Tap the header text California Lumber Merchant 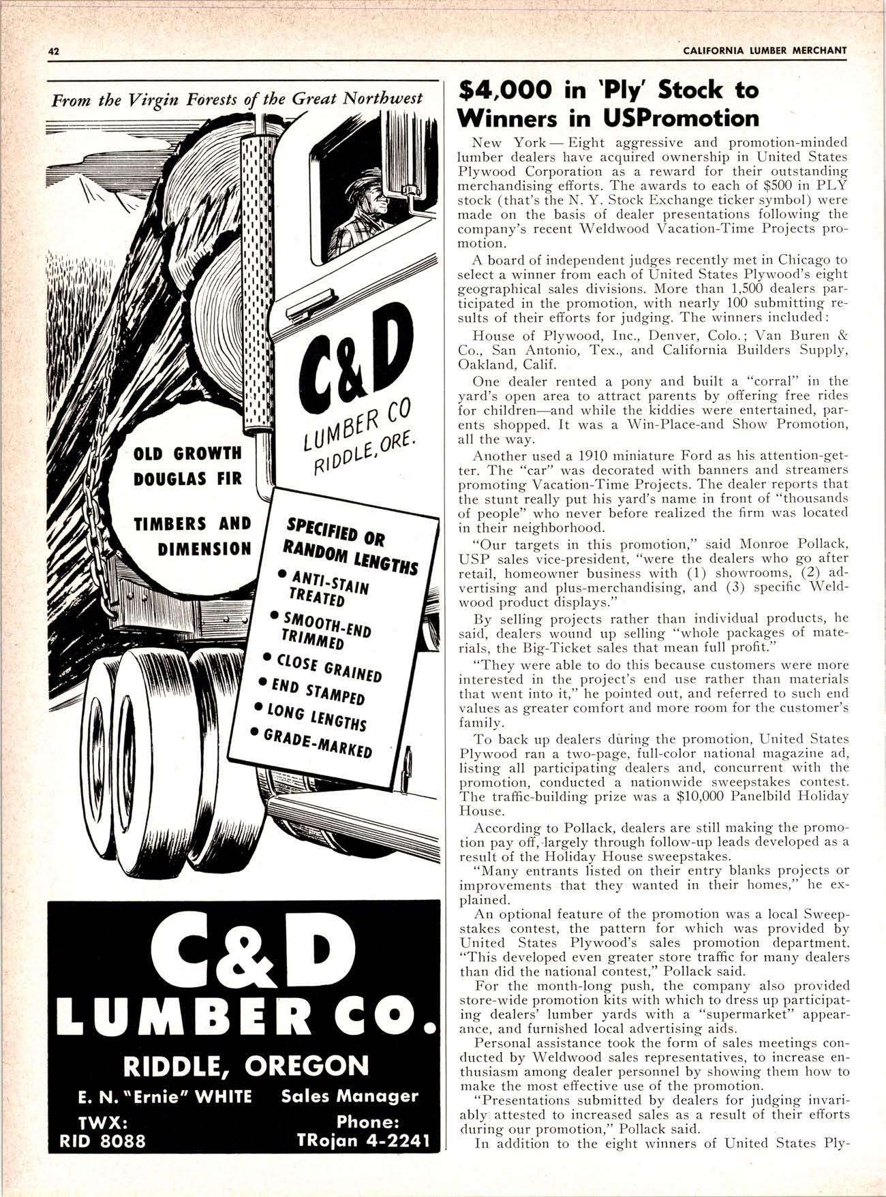(x=764, y=50)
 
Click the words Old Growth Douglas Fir (x=187, y=466)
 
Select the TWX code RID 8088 (x=102, y=1140)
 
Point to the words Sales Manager (x=350, y=1096)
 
